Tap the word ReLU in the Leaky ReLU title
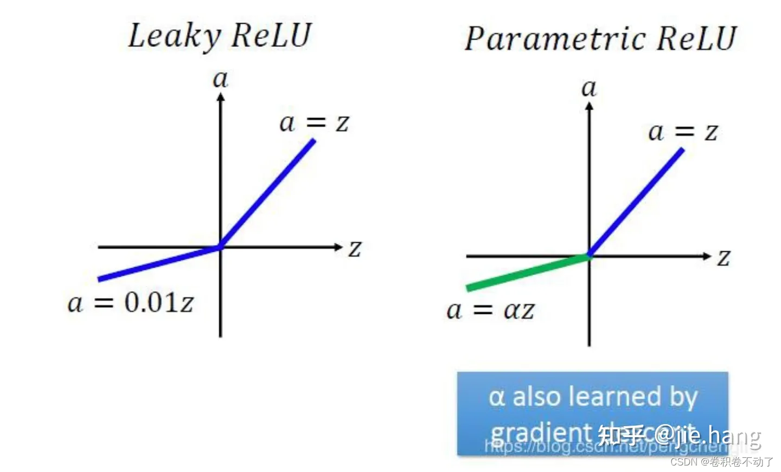coord(271,35)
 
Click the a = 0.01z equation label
coord(130,302)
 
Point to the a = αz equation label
coord(490,311)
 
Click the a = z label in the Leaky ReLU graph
coord(314,123)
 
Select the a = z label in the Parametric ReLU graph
coord(683,132)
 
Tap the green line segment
coord(526,271)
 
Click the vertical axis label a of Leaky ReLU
coord(220,80)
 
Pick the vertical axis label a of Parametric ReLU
coord(589,88)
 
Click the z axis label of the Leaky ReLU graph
coord(355,249)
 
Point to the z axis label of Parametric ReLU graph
coord(724,258)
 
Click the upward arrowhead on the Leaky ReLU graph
coord(220,97)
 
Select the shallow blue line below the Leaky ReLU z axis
coord(157,263)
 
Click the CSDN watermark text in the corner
coord(721,462)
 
